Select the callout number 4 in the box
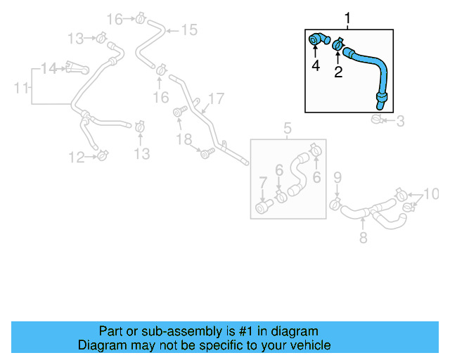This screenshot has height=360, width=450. pyautogui.click(x=316, y=65)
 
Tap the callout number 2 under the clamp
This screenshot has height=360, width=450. pyautogui.click(x=338, y=72)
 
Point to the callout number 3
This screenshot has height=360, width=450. pyautogui.click(x=400, y=121)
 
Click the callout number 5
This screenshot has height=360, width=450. pyautogui.click(x=288, y=128)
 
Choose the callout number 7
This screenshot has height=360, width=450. pyautogui.click(x=262, y=183)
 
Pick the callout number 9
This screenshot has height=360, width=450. pyautogui.click(x=337, y=176)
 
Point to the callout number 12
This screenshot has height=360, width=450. pyautogui.click(x=77, y=158)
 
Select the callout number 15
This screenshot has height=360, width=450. pyautogui.click(x=189, y=30)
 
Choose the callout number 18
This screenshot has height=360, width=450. pyautogui.click(x=184, y=140)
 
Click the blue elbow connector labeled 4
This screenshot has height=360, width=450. pyautogui.click(x=318, y=41)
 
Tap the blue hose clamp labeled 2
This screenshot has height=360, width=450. pyautogui.click(x=339, y=46)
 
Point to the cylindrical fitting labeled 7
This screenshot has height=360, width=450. pyautogui.click(x=264, y=207)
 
